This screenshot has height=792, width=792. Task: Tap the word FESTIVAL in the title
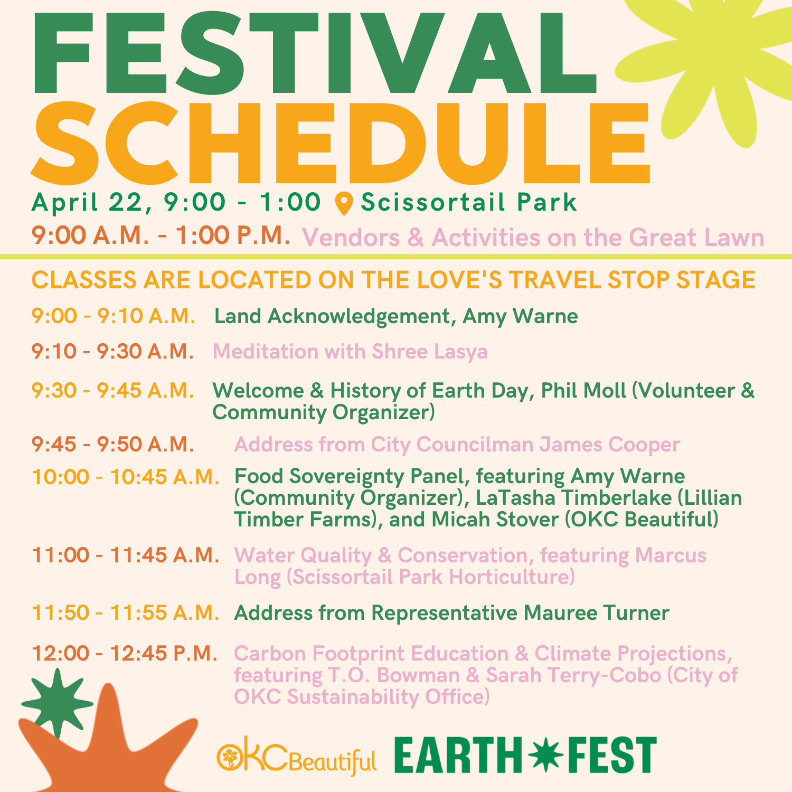pyautogui.click(x=315, y=54)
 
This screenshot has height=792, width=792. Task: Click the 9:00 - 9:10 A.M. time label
pyautogui.click(x=114, y=316)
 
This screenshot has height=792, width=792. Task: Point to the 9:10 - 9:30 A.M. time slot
pyautogui.click(x=113, y=351)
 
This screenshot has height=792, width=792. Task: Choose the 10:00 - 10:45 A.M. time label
pyautogui.click(x=126, y=477)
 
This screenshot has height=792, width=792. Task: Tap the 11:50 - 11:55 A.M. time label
pyautogui.click(x=126, y=612)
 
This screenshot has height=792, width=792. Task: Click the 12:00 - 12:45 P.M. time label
pyautogui.click(x=125, y=653)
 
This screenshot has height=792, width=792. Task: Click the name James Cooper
pyautogui.click(x=609, y=445)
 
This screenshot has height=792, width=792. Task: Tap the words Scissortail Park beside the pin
pyautogui.click(x=469, y=202)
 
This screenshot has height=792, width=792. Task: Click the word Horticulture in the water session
pyautogui.click(x=512, y=577)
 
